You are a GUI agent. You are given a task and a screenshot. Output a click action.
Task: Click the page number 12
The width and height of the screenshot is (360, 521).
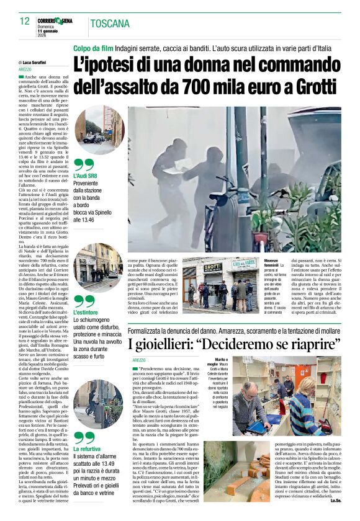[x=24, y=22]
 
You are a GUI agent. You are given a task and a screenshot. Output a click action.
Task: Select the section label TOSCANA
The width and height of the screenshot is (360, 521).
[x=109, y=24]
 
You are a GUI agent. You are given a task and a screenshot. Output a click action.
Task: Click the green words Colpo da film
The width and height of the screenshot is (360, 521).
[x=94, y=48]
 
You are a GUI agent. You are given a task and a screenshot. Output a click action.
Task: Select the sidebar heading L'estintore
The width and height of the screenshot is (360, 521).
[x=88, y=313]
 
